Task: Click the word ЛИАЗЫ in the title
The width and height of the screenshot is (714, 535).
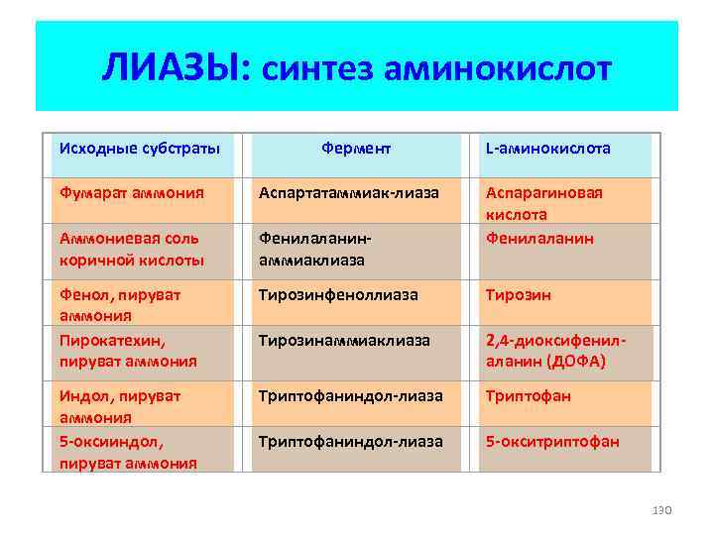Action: click(177, 69)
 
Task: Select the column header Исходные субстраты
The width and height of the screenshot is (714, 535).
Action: click(139, 149)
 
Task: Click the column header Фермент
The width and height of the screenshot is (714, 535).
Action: click(356, 149)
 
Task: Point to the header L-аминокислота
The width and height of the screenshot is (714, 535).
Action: click(547, 149)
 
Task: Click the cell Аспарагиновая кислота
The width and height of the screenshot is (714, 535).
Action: click(543, 203)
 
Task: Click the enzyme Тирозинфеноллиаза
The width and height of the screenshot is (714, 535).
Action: click(338, 295)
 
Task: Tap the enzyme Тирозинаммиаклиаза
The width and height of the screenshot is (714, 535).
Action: click(344, 340)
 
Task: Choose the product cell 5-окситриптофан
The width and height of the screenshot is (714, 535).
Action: click(551, 441)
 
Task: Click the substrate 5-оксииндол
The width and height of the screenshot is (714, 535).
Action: click(103, 441)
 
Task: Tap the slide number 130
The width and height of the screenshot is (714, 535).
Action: click(661, 509)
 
